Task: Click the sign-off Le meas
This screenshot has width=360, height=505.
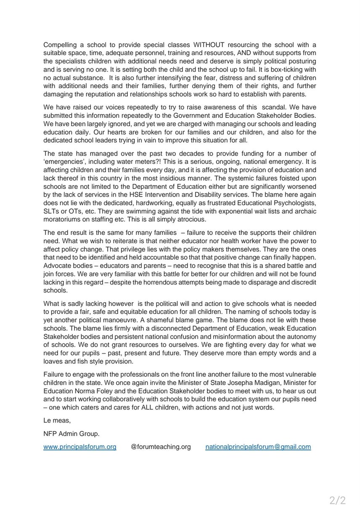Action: (x=56, y=420)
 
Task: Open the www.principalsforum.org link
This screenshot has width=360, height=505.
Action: (x=80, y=447)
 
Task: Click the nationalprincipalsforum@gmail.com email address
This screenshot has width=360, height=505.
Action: (x=258, y=447)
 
